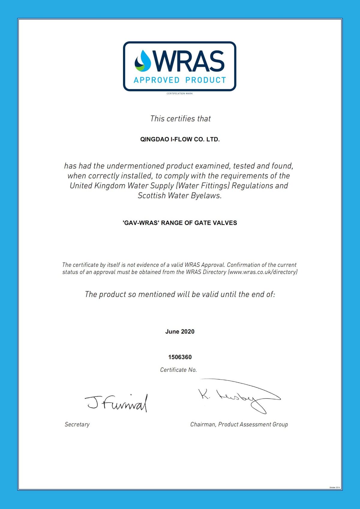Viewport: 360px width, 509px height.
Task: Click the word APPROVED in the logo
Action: point(157,80)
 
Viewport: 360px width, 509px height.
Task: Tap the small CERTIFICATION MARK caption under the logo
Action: point(180,94)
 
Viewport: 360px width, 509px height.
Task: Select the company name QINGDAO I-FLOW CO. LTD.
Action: point(180,139)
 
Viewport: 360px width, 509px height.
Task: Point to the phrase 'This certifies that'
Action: point(180,119)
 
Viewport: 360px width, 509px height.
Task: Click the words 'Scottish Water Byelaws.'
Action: point(180,196)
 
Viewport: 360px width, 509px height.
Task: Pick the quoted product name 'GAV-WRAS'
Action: point(141,223)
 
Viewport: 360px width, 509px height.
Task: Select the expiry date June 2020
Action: point(180,332)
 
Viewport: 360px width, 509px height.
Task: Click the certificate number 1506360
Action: point(180,357)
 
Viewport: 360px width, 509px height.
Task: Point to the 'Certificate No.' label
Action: point(178,370)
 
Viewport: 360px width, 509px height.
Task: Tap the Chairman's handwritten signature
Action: point(238,396)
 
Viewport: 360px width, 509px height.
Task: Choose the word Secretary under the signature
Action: point(77,424)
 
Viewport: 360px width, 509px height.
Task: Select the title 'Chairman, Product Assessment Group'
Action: point(239,424)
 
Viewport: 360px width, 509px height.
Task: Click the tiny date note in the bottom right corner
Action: point(334,487)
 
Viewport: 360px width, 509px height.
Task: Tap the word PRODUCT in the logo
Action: point(205,80)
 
